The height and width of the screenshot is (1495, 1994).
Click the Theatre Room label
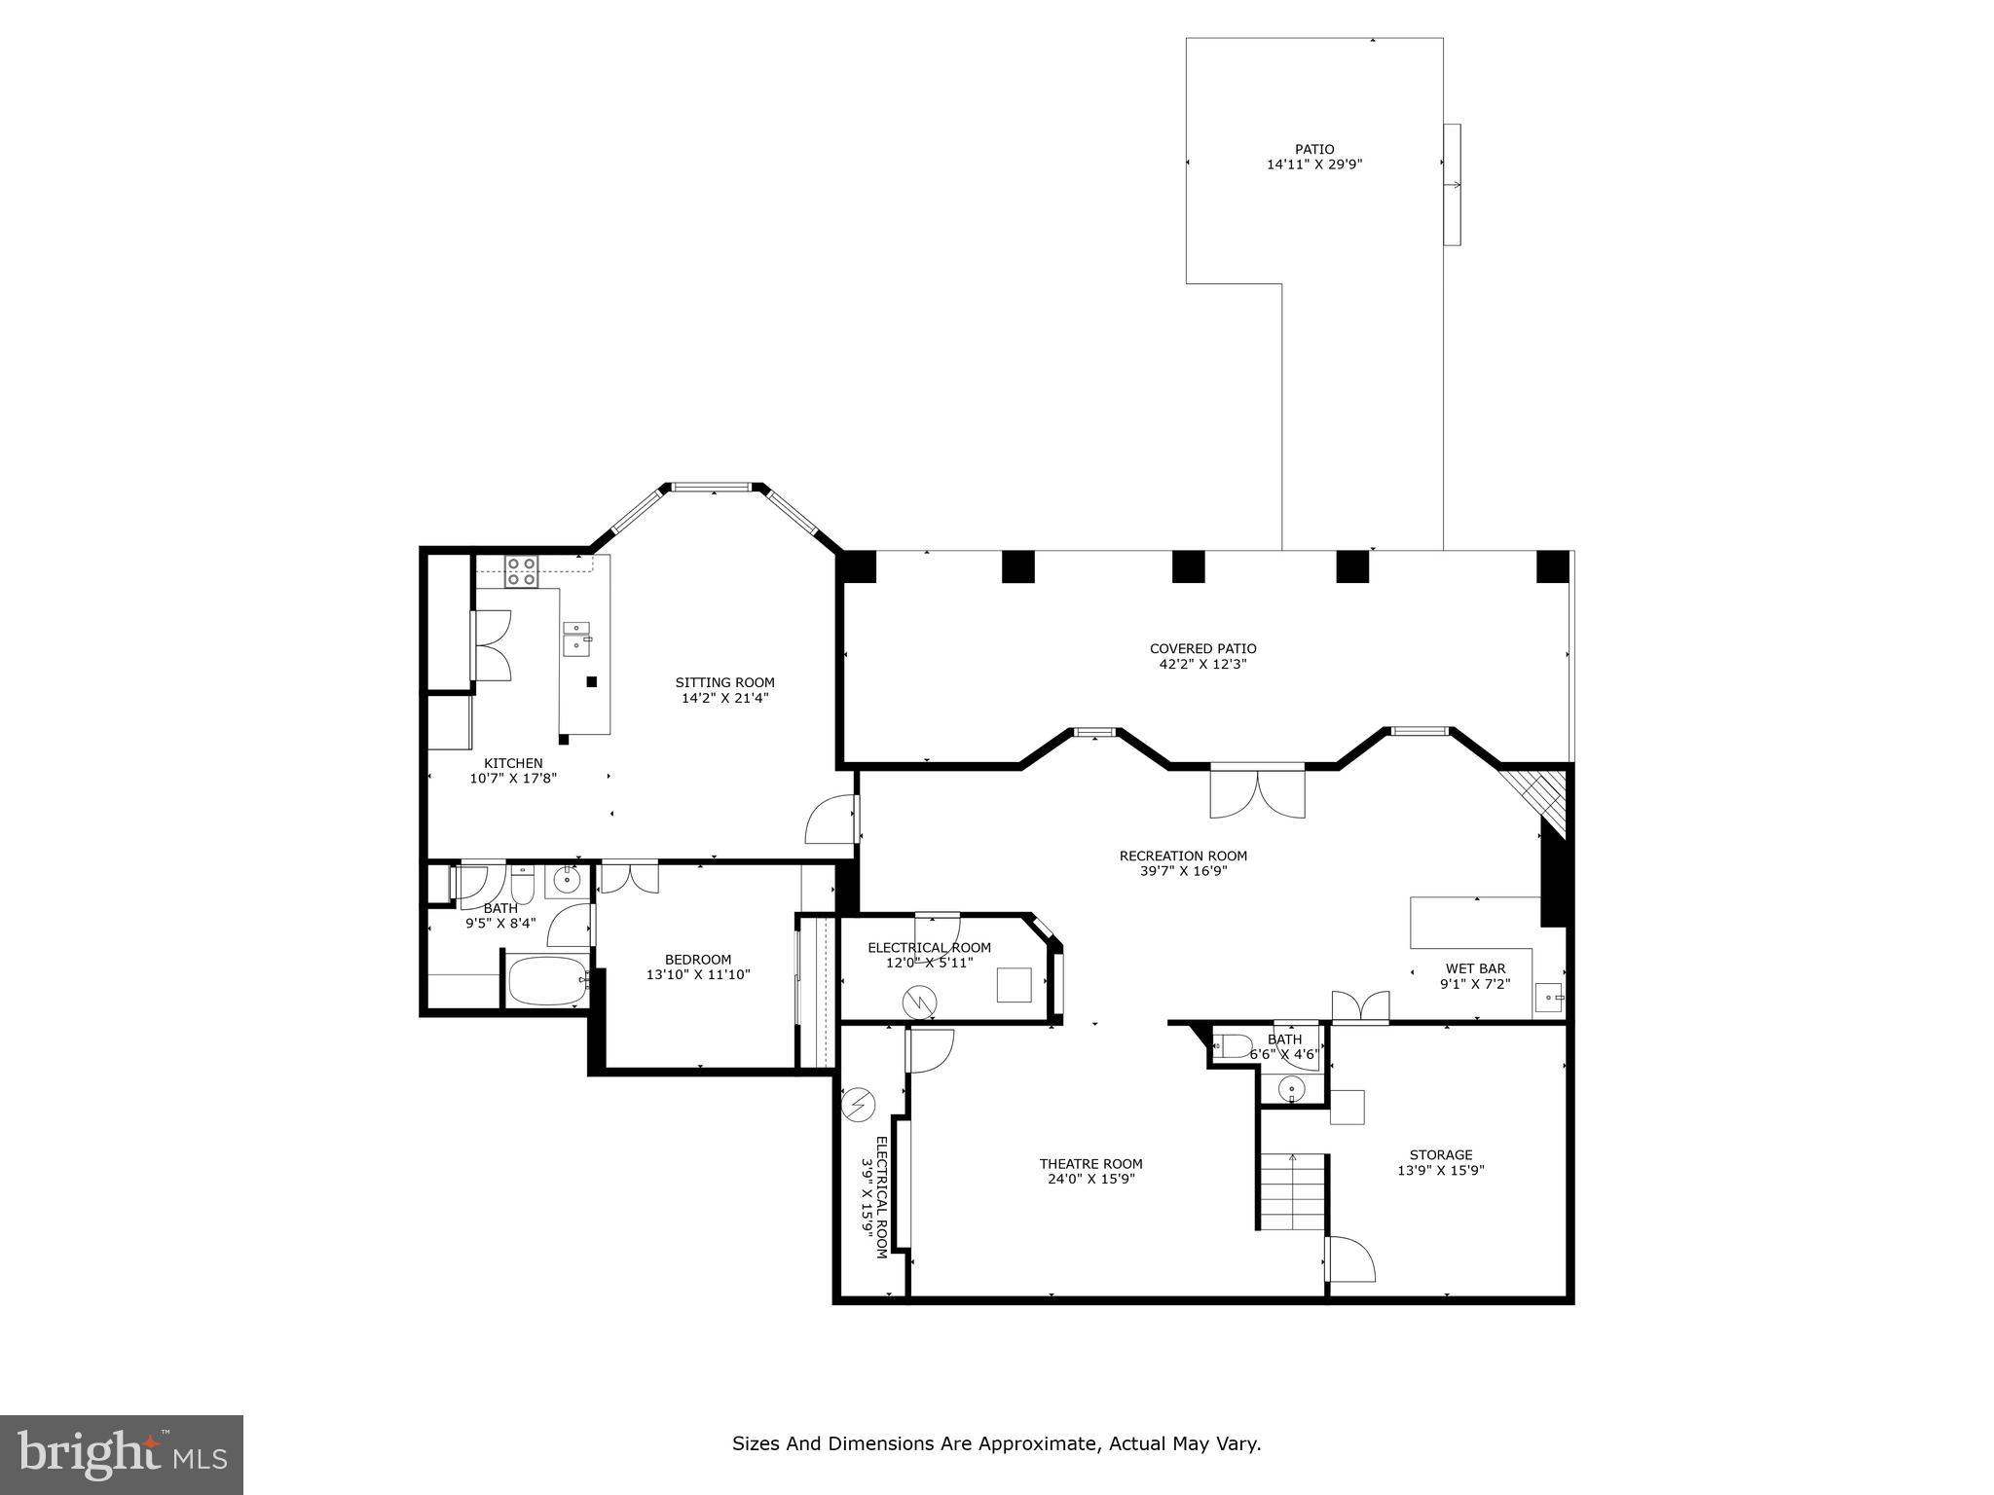(1090, 1163)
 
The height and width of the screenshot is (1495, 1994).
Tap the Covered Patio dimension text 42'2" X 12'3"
(1202, 665)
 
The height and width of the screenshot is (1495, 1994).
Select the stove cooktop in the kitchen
(522, 570)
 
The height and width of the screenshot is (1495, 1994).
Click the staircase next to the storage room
(1292, 1191)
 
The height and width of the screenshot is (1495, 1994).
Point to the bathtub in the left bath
(548, 980)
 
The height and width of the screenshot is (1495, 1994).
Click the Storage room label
(1441, 1155)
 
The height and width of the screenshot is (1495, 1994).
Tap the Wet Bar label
(1475, 968)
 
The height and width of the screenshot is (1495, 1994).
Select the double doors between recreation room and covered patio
(1257, 793)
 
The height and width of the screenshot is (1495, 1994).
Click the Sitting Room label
(725, 682)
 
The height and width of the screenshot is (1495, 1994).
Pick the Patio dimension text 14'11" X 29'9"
(1313, 165)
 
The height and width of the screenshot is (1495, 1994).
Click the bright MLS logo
(122, 1455)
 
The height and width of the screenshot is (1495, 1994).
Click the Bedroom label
(698, 959)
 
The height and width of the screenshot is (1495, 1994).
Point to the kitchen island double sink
(577, 635)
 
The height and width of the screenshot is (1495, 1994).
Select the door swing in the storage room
(1349, 1258)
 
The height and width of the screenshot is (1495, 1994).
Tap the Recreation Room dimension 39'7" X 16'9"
(1183, 872)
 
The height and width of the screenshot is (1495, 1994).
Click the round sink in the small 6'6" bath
(1292, 1088)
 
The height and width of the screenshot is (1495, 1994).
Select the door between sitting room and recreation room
(832, 820)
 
